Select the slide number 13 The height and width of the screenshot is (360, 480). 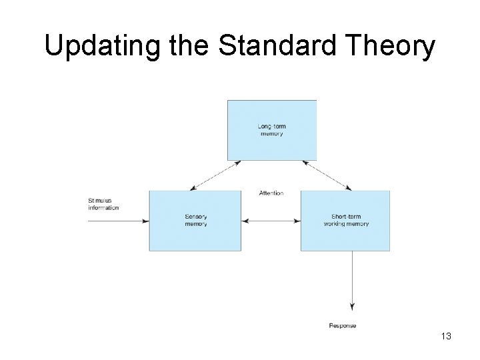click(x=445, y=337)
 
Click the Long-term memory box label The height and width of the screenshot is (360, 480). click(x=271, y=130)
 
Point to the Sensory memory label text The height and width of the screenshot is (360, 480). click(x=195, y=221)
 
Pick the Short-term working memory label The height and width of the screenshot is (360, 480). click(x=346, y=221)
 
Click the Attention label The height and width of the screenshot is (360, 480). click(x=271, y=193)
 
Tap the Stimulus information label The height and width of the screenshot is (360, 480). click(x=103, y=205)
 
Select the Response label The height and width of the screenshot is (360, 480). click(x=343, y=325)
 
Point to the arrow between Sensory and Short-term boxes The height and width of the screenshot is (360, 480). click(x=271, y=221)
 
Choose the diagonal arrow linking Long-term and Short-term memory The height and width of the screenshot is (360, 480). click(x=326, y=175)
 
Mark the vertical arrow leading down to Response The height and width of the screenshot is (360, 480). click(x=351, y=280)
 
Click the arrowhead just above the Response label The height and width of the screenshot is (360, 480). click(x=351, y=307)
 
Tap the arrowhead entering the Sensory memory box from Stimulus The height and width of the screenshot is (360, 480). click(x=146, y=221)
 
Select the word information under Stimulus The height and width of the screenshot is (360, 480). click(x=103, y=208)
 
